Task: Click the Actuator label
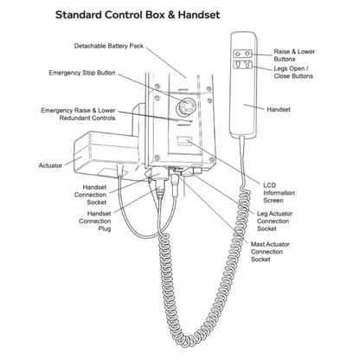(x=50, y=164)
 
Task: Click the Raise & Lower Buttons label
(x=298, y=56)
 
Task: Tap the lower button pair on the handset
(x=242, y=66)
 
